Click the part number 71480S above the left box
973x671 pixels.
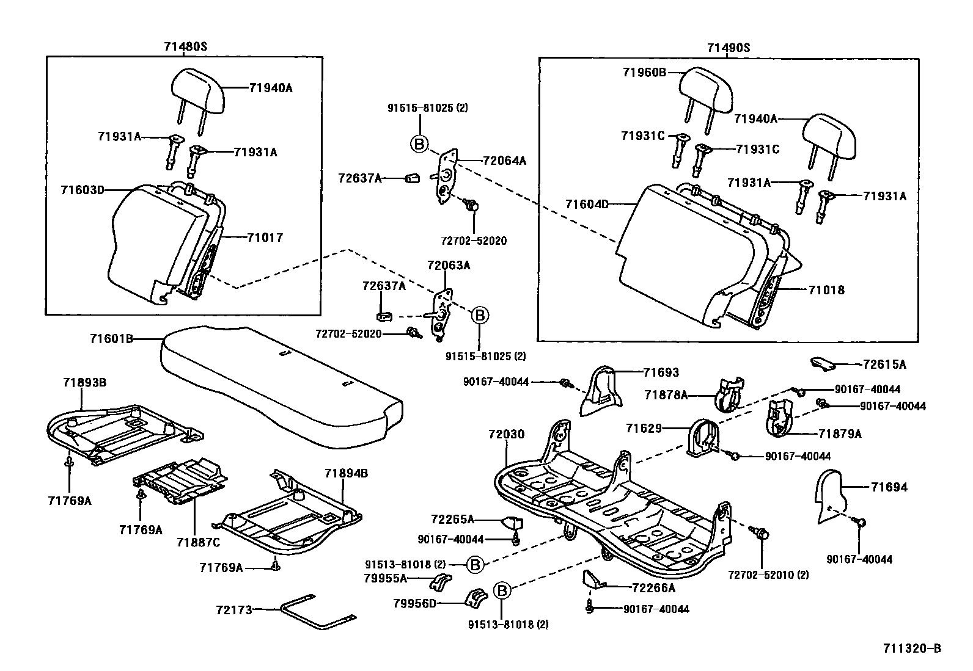coord(185,46)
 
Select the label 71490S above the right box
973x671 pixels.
coord(729,48)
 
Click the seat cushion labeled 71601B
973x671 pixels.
coord(282,386)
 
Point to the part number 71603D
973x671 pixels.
coord(83,190)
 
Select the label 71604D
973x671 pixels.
coord(587,204)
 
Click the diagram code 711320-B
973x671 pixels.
coord(912,648)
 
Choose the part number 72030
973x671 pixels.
coord(506,434)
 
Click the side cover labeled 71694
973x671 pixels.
coord(832,496)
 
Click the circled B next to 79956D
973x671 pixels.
coord(502,590)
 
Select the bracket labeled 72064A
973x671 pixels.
coord(446,176)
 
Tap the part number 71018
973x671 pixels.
coord(826,290)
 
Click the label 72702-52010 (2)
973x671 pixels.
coord(768,575)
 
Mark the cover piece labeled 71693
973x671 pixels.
coord(601,391)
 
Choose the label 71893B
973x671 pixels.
coord(85,383)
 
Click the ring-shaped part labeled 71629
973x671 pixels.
coord(703,438)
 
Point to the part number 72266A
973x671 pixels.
coord(654,588)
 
